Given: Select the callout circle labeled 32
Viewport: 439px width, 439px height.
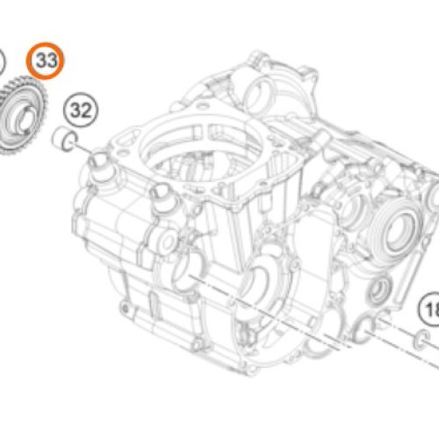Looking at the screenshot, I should (81, 111).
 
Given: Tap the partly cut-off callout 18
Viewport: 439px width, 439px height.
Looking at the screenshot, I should (430, 309).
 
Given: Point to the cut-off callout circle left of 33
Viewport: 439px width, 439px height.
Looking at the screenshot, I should (3, 63).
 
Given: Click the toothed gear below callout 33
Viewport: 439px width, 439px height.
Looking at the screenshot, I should (22, 114).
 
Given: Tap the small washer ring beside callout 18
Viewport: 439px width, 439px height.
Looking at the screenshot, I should (421, 339).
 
